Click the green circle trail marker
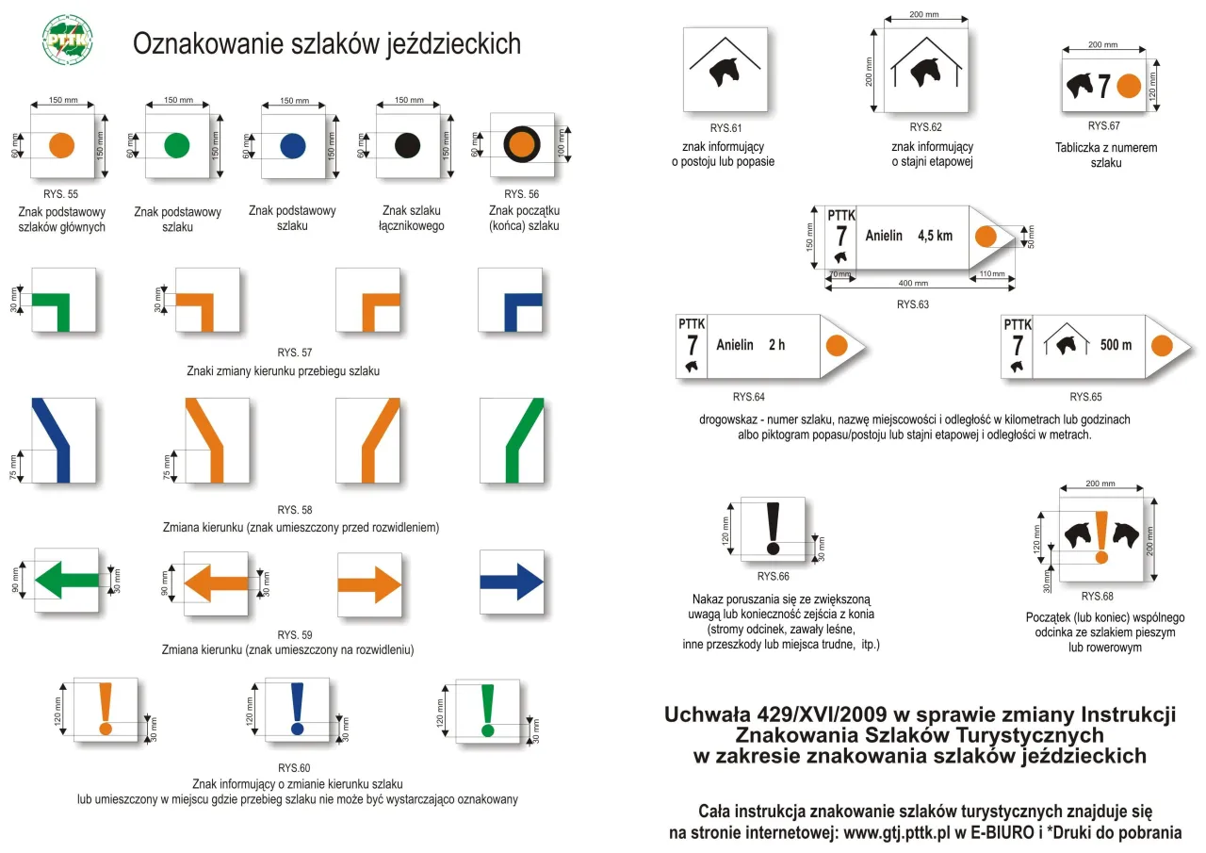[177, 145]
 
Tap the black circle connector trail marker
[407, 145]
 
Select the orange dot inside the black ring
[521, 145]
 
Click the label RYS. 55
[60, 193]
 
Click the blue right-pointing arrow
[512, 582]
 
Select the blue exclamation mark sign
[298, 709]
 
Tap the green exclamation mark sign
[487, 709]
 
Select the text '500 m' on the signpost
[1116, 345]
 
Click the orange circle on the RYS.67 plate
[1129, 86]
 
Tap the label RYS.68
[1097, 596]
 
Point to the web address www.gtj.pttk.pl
[910, 833]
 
